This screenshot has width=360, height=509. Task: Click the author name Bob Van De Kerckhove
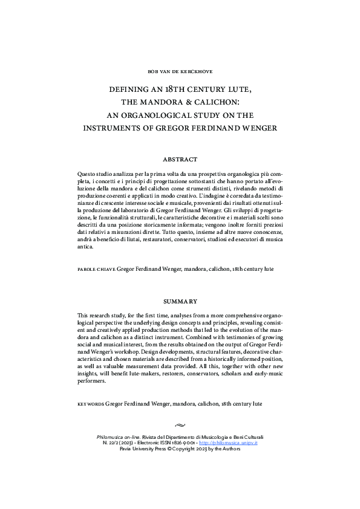(180, 71)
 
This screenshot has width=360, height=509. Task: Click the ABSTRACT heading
(180, 160)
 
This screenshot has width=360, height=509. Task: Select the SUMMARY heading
(180, 300)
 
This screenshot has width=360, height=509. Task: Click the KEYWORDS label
(91, 403)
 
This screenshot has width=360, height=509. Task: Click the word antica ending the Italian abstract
(87, 247)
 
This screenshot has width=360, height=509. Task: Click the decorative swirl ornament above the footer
(180, 425)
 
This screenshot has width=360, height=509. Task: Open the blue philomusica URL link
(234, 443)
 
